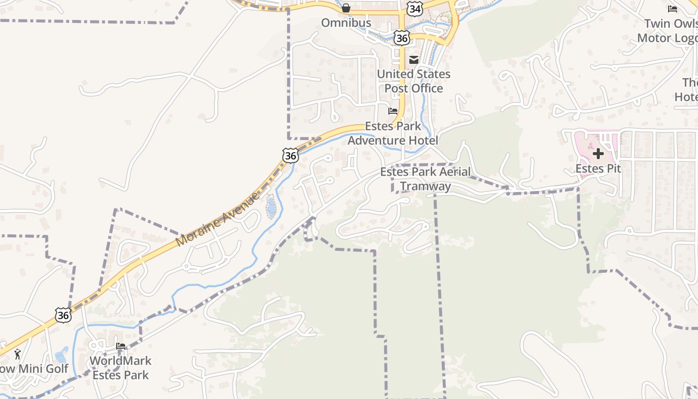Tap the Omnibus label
click(x=346, y=23)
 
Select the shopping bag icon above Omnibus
click(x=346, y=8)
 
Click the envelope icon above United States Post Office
click(x=414, y=60)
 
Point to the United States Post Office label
click(x=413, y=81)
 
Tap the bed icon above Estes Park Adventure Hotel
click(x=393, y=111)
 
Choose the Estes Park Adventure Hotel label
click(x=393, y=133)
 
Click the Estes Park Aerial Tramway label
click(x=425, y=179)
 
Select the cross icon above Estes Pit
click(x=598, y=154)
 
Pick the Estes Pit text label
click(x=598, y=169)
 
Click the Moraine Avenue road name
click(x=218, y=219)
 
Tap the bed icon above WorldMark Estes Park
click(x=121, y=346)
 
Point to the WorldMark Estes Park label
click(x=121, y=368)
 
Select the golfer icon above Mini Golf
click(x=18, y=354)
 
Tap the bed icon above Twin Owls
click(x=672, y=9)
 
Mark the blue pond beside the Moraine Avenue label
click(x=271, y=207)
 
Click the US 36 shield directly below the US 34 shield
click(x=401, y=38)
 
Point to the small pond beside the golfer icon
click(x=62, y=355)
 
